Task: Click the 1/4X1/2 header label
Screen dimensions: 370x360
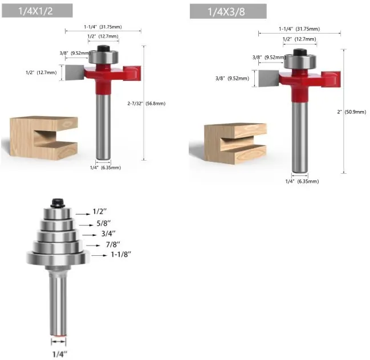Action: tap(35, 11)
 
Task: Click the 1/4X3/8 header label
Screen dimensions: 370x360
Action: tap(226, 12)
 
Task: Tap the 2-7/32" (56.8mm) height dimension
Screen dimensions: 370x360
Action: tap(147, 104)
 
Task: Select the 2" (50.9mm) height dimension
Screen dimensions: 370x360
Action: tap(352, 112)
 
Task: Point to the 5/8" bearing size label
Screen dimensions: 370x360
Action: tap(104, 223)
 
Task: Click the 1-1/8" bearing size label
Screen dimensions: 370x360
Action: tap(121, 255)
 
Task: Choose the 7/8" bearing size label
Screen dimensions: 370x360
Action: tap(113, 244)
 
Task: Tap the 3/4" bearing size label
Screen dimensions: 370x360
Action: tap(108, 234)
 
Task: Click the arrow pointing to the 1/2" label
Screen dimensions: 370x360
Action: tap(83, 214)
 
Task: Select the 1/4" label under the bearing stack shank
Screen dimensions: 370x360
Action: tap(60, 354)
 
